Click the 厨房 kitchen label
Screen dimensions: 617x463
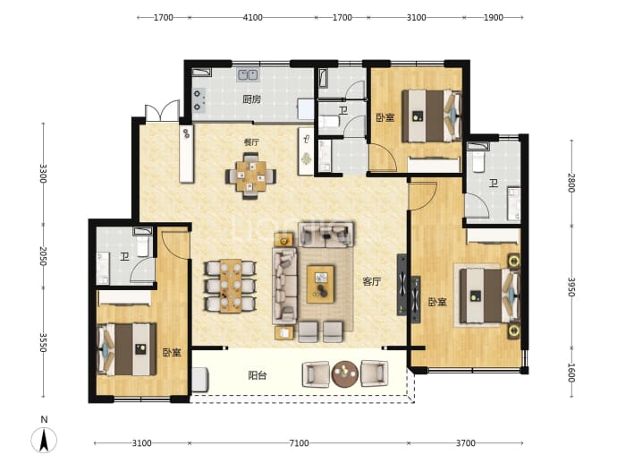[x=252, y=99]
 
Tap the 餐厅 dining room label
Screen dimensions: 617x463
[x=251, y=142]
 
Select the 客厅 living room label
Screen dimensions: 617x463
[x=371, y=282]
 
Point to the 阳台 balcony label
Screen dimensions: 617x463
[x=258, y=375]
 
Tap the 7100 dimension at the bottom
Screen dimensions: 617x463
[x=299, y=443]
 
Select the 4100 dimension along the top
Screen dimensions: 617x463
[x=253, y=18]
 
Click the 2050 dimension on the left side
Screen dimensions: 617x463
[x=43, y=256]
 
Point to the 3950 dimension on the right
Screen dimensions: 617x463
[x=571, y=287]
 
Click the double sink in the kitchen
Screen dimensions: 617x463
[x=248, y=75]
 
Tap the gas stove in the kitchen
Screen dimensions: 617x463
[x=198, y=100]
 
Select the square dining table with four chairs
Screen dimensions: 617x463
[x=250, y=176]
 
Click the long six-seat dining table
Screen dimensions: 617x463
[x=230, y=286]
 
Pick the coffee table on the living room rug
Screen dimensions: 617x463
[x=320, y=284]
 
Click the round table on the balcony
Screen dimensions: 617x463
[x=345, y=374]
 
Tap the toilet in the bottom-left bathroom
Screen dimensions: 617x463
[x=142, y=244]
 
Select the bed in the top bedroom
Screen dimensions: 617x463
[x=431, y=116]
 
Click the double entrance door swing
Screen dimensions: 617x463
[x=162, y=110]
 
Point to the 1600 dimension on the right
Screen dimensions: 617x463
[x=571, y=373]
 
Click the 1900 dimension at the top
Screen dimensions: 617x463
[x=493, y=18]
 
